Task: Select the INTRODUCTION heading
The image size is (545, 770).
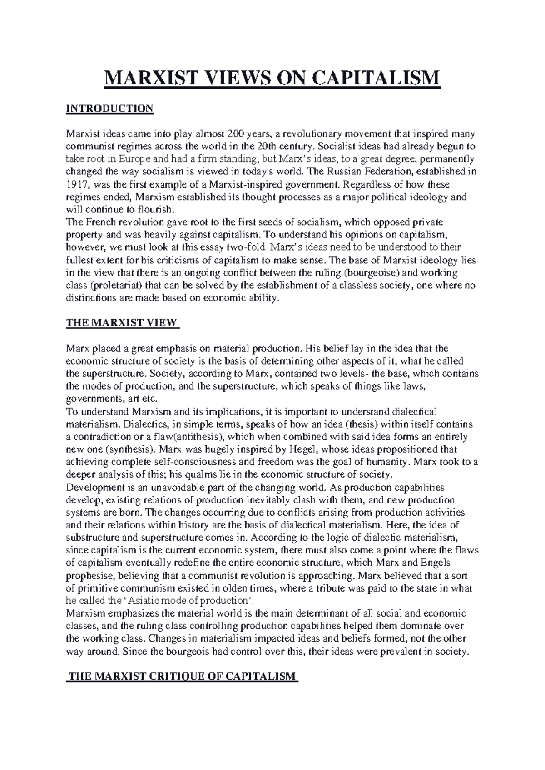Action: click(110, 109)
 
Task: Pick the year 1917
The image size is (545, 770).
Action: click(77, 185)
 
